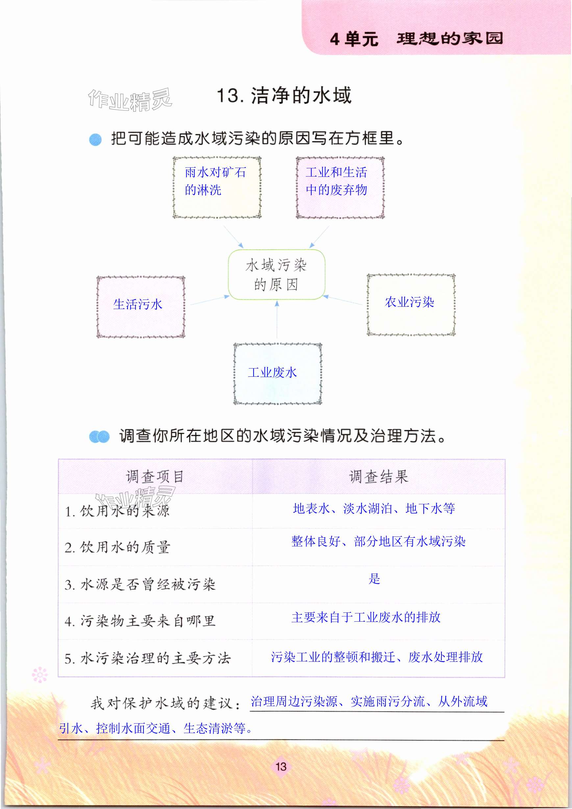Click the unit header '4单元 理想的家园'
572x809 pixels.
coord(416,38)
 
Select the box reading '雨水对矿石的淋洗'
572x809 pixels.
coord(216,187)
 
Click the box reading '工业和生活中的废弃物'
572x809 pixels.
coord(340,187)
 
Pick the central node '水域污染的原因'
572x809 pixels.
coord(277,274)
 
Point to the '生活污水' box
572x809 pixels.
coord(141,307)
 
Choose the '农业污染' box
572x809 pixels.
coord(411,304)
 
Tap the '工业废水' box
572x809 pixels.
coord(278,373)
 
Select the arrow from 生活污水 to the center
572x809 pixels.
coord(210,300)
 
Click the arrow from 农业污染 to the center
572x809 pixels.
coord(343,300)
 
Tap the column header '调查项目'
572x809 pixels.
coord(155,476)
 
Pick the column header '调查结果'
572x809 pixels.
coord(378,476)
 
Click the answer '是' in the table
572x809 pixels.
coord(374,579)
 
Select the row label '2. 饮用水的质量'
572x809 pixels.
coord(117,547)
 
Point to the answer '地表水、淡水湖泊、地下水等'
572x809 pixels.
coord(374,509)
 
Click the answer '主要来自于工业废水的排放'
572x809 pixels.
coord(366,617)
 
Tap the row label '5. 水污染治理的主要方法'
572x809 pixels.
coord(147,658)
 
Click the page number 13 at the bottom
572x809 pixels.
coord(281,766)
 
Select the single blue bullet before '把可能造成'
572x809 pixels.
coord(95,139)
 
